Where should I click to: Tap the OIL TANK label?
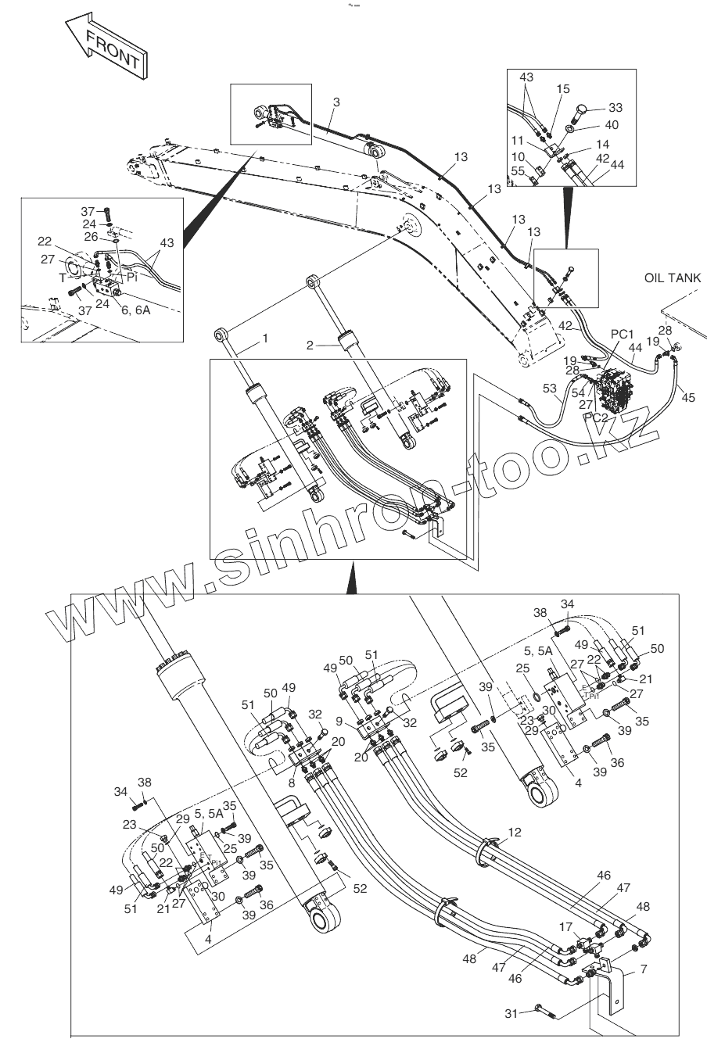tap(673, 278)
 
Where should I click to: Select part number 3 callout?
tap(336, 102)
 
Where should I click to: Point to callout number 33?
tap(615, 107)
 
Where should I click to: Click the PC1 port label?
tap(622, 335)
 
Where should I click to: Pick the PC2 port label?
tap(596, 417)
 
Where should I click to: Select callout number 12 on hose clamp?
tap(514, 834)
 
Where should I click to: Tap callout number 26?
tap(92, 237)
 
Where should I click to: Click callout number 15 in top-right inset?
tap(564, 90)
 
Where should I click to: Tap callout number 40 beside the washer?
tap(612, 124)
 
